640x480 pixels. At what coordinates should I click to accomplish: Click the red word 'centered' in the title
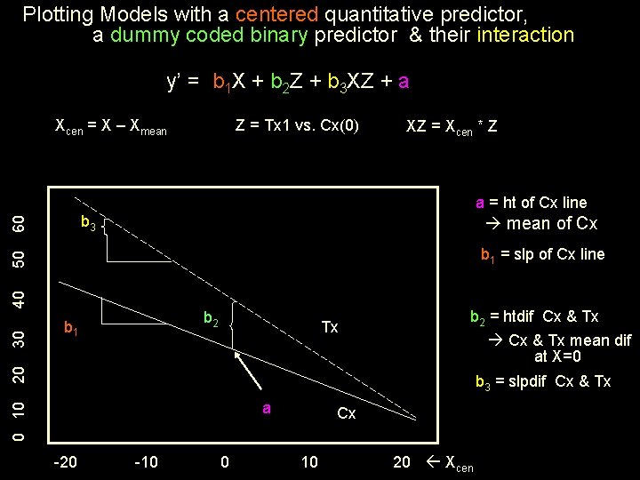(x=282, y=14)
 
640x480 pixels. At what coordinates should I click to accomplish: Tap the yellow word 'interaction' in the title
(x=525, y=36)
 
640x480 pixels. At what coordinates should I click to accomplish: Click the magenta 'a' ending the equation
(x=404, y=82)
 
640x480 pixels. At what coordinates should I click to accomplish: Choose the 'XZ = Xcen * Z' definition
(x=451, y=126)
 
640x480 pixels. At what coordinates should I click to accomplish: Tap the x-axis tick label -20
(x=65, y=461)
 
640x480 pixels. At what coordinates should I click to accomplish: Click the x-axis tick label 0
(x=225, y=461)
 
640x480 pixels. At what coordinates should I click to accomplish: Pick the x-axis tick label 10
(x=309, y=461)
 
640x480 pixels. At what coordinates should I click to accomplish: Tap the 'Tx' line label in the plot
(x=330, y=327)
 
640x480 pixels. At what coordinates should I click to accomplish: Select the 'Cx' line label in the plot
(x=347, y=414)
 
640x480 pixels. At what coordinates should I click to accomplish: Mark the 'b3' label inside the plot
(x=88, y=223)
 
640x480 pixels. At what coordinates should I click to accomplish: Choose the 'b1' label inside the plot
(x=72, y=328)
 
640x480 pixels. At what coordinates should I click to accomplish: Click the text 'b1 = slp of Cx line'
(x=542, y=255)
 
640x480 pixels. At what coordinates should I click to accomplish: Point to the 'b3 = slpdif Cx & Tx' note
(x=543, y=382)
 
